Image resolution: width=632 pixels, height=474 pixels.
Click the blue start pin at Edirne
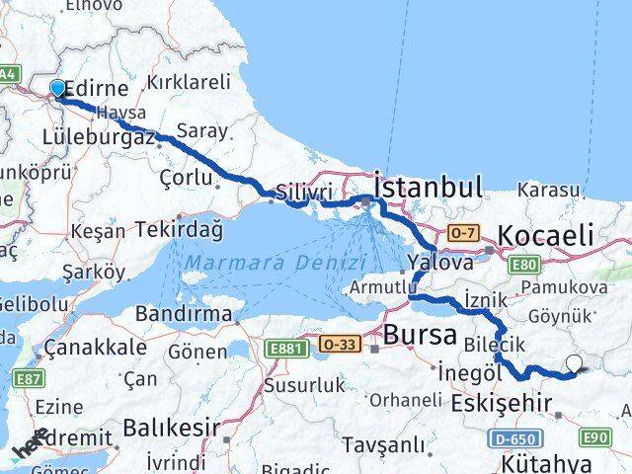57,90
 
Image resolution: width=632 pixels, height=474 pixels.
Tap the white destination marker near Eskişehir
575,364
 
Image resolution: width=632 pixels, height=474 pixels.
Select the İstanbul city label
428,187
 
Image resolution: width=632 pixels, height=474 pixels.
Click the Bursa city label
421,335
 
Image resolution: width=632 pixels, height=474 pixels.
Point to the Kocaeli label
546,235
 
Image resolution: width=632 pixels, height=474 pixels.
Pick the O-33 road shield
338,343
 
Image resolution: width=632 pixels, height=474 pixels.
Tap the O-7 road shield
462,232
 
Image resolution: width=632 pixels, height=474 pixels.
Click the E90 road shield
597,436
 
